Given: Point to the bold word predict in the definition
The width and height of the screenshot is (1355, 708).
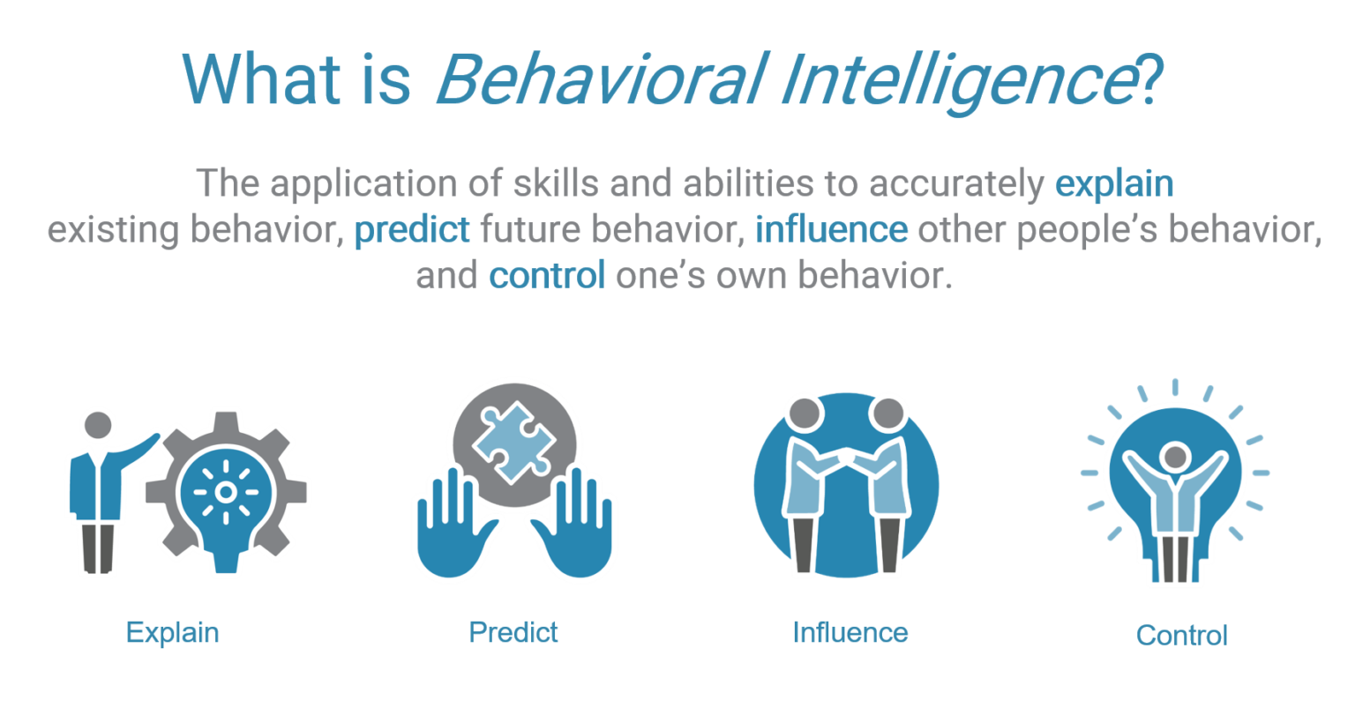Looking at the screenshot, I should (412, 230).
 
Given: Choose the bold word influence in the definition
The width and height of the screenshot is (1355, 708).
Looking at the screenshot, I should (831, 230).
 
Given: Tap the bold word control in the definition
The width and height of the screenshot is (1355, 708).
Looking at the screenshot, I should (547, 276).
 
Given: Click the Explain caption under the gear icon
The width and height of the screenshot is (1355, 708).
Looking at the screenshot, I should (172, 632).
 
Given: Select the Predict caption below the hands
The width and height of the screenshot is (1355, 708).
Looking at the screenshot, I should (513, 632).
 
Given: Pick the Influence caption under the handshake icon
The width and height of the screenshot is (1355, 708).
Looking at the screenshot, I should (850, 632).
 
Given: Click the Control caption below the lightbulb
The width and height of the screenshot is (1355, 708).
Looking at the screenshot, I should (1181, 635).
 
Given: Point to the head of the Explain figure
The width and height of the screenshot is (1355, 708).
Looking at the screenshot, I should (99, 425).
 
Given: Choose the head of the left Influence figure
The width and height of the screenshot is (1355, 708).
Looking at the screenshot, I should (805, 412).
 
